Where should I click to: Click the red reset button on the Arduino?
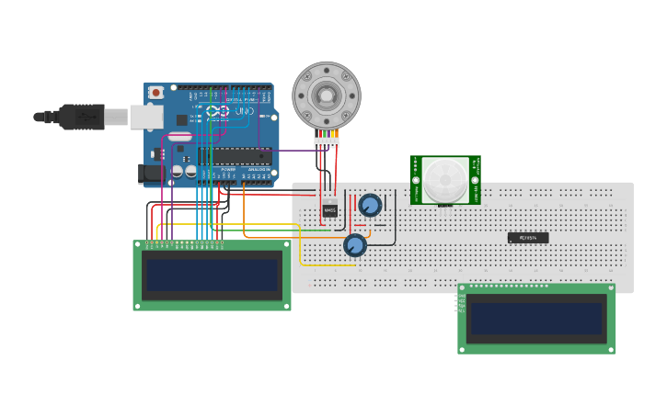click(x=156, y=92)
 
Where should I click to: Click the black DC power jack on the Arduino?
click(x=148, y=173)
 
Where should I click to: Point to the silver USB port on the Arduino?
click(x=145, y=117)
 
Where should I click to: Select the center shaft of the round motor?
click(x=327, y=95)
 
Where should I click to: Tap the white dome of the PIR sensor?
click(x=444, y=178)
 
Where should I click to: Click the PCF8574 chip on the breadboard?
click(x=528, y=238)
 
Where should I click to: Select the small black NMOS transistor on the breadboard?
click(x=329, y=210)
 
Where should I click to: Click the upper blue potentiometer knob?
click(x=370, y=205)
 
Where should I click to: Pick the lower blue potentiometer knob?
click(x=355, y=245)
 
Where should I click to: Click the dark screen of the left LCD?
click(x=212, y=275)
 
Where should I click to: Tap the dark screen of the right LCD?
click(x=536, y=319)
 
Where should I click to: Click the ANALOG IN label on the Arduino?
click(x=258, y=170)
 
